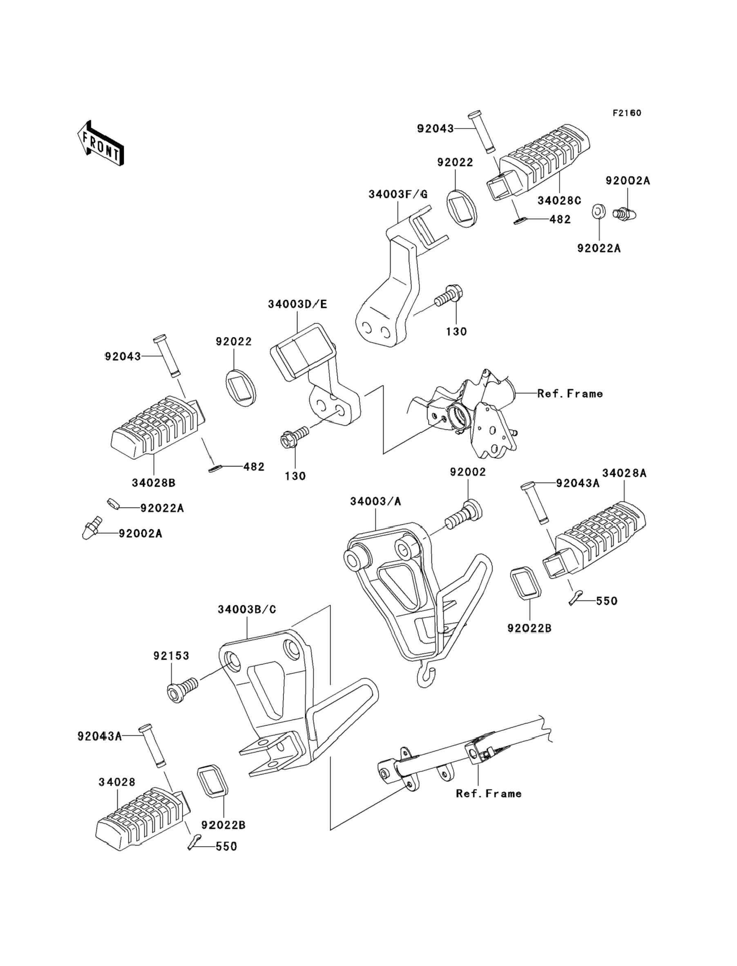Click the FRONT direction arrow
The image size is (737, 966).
click(100, 143)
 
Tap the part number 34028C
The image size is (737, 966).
click(559, 200)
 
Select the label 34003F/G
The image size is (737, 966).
click(398, 193)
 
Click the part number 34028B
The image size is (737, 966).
click(154, 483)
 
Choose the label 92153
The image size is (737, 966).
click(171, 656)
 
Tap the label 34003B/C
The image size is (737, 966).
click(247, 609)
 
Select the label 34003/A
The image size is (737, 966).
click(375, 501)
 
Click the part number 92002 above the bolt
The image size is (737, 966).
click(468, 472)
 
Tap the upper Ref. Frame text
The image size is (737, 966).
click(570, 394)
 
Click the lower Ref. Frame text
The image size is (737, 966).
click(489, 793)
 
